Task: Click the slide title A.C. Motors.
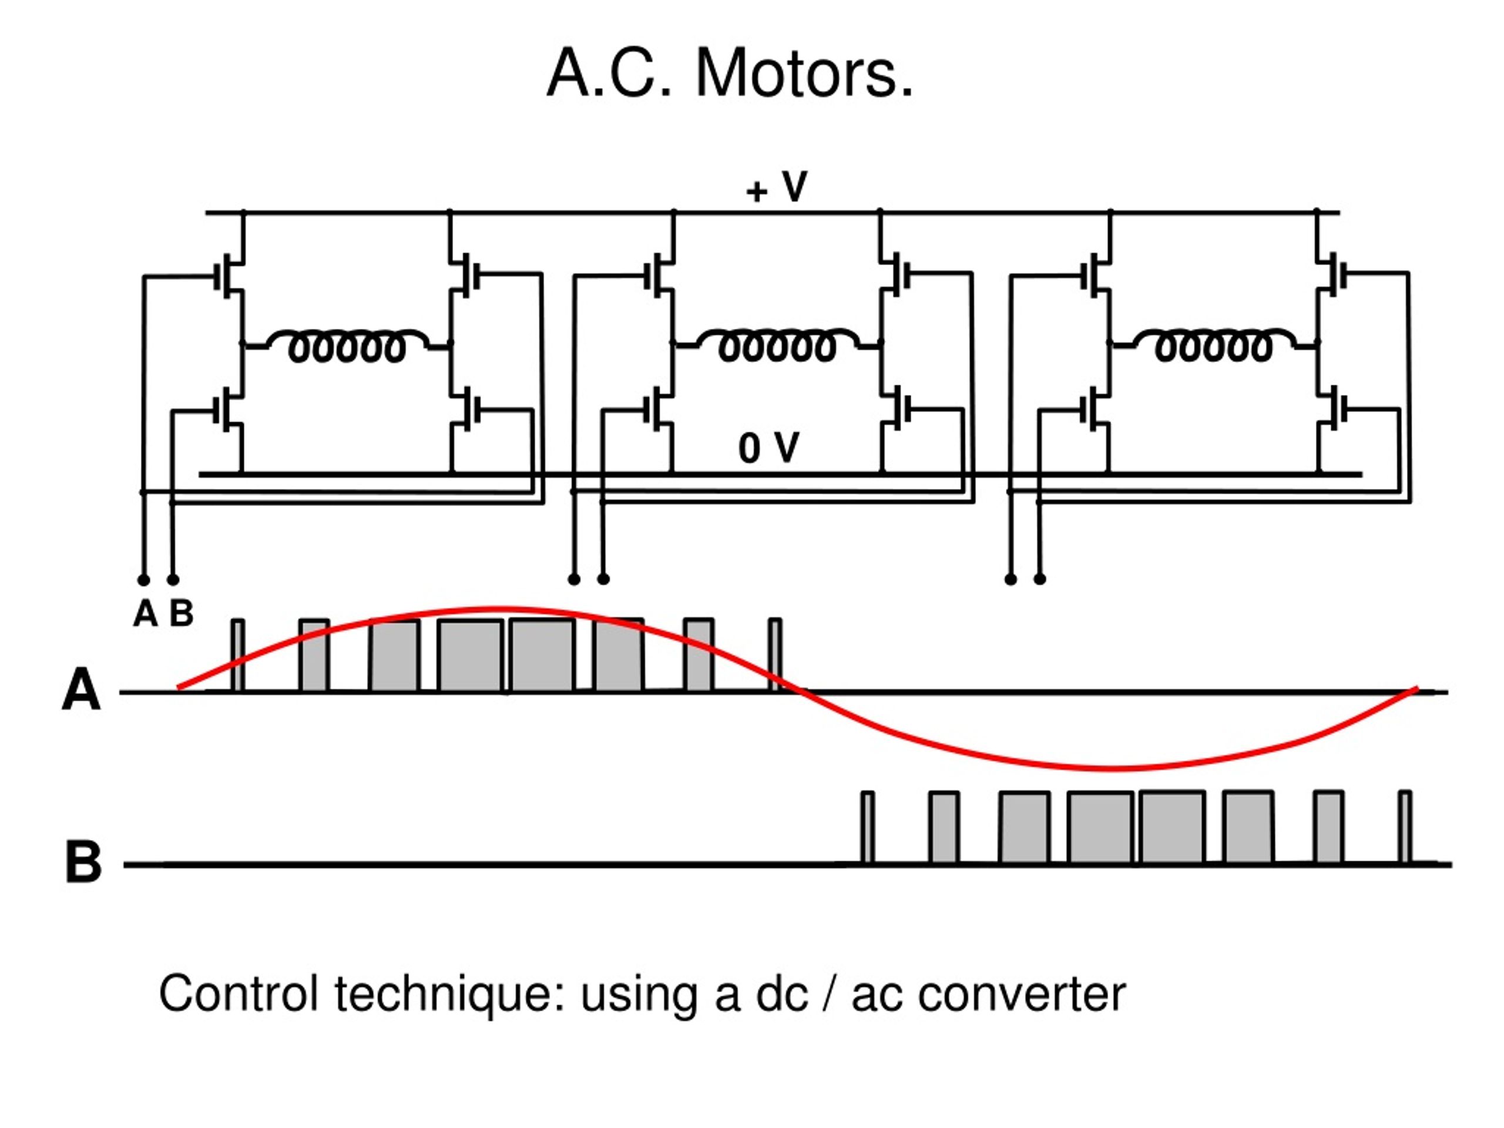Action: tap(730, 73)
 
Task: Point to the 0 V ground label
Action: tap(769, 448)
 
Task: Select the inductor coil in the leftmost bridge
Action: tap(347, 346)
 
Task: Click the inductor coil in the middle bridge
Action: tap(777, 345)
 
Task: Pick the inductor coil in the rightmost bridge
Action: tap(1213, 345)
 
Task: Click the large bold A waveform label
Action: tap(81, 690)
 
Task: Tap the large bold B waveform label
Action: tap(83, 862)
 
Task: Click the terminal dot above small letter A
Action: tap(143, 580)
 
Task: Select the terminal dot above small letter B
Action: tap(173, 580)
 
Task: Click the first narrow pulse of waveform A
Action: tap(237, 656)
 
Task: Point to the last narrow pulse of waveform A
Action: tap(775, 656)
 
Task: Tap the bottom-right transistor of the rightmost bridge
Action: tap(1334, 409)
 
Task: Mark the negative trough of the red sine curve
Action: tap(1113, 768)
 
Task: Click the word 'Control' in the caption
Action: tap(239, 993)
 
